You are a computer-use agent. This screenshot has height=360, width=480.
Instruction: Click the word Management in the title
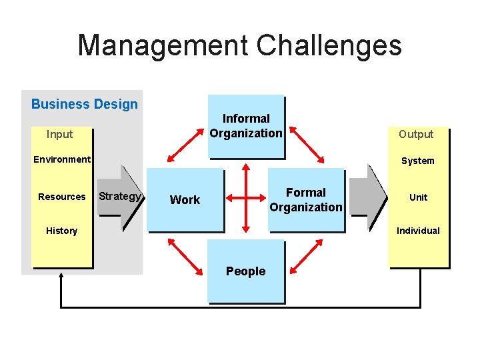(x=162, y=46)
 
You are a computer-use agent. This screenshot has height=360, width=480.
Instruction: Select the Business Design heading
(x=85, y=104)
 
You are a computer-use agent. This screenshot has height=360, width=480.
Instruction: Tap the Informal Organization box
(x=246, y=126)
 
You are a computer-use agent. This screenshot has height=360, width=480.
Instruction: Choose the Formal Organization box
(x=306, y=199)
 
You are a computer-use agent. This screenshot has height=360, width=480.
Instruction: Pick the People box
(x=245, y=271)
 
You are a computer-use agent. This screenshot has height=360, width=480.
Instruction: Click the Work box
(x=185, y=199)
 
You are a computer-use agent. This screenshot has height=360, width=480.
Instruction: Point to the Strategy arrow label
(x=120, y=196)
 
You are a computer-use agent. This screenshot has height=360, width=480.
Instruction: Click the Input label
(x=60, y=134)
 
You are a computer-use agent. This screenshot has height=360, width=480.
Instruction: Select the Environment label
(x=62, y=159)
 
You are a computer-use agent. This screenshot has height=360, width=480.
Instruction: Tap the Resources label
(x=62, y=197)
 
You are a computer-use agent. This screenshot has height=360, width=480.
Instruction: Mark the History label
(x=62, y=231)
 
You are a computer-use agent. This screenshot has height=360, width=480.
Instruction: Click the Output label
(x=416, y=134)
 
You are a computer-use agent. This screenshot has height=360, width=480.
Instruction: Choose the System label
(x=418, y=161)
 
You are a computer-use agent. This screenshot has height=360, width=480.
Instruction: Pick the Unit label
(x=419, y=197)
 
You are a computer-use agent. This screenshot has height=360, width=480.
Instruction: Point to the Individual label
(x=419, y=231)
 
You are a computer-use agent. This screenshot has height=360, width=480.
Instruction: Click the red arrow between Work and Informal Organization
(x=186, y=142)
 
